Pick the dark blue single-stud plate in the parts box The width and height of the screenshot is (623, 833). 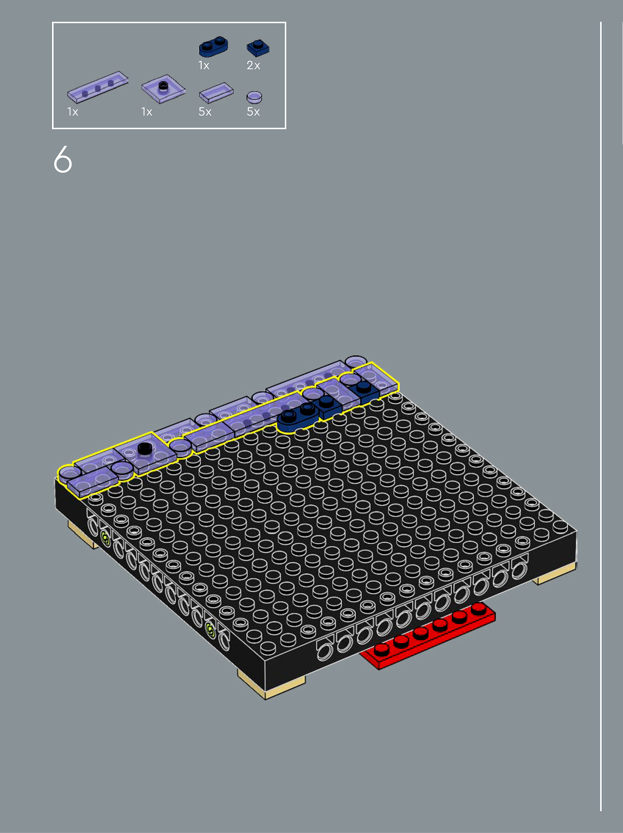click(258, 48)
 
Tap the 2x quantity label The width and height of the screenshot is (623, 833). click(253, 66)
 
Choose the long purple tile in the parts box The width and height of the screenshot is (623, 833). click(98, 87)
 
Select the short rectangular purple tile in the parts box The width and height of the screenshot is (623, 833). click(216, 93)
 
